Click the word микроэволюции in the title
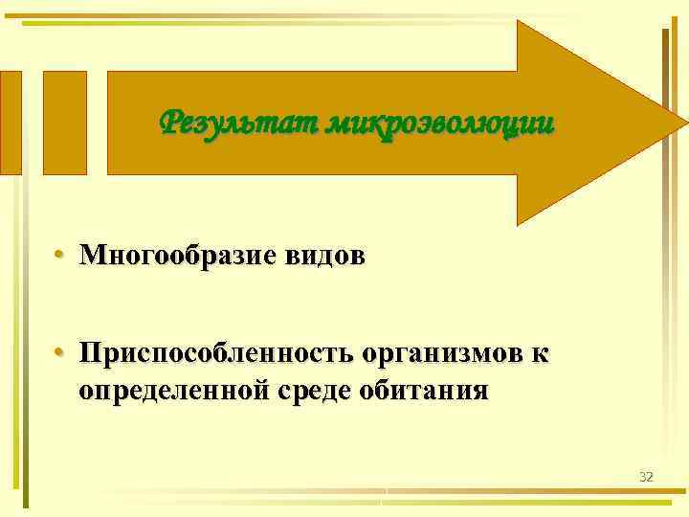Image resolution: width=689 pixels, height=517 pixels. tap(439, 124)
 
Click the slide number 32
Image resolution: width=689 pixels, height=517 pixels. tap(646, 476)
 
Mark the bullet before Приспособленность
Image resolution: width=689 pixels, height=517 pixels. tap(59, 355)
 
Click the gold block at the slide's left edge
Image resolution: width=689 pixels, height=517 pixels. tap(11, 122)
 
